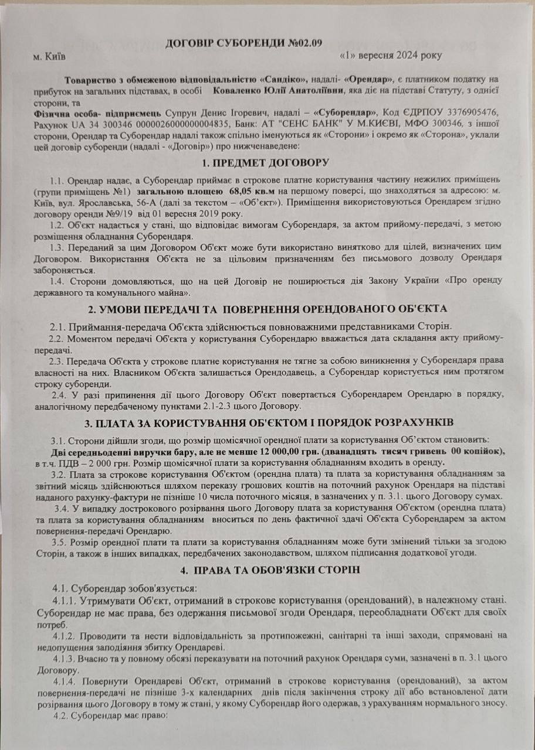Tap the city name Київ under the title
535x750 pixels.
tap(55, 56)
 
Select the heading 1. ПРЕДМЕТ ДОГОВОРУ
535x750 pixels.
tap(263, 162)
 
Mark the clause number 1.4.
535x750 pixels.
tap(59, 281)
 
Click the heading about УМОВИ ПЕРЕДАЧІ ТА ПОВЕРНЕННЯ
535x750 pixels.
tap(263, 309)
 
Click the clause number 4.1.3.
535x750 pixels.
tap(65, 658)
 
